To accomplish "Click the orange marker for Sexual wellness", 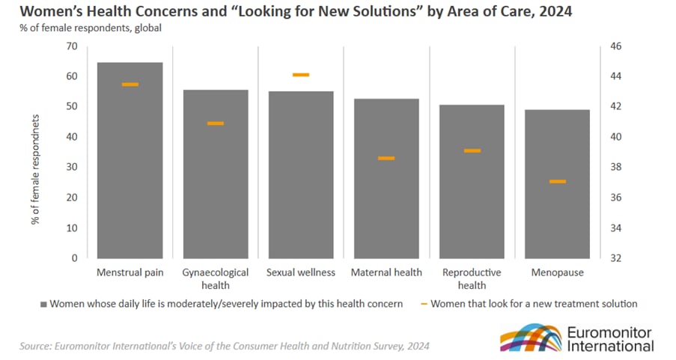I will (301, 75).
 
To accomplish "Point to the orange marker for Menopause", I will (557, 181).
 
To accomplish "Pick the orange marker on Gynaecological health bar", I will (216, 123).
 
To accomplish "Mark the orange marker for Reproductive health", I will (472, 150).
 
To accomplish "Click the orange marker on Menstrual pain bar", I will (130, 85).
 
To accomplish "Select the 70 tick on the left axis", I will (72, 46).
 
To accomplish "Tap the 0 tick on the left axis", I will (75, 258).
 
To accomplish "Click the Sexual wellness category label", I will (301, 272).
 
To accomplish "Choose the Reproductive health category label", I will (472, 278).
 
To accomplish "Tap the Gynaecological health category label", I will (216, 278).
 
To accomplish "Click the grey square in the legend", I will (43, 305).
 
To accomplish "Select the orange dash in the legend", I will (424, 304).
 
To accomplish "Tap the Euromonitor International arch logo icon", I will (529, 338).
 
